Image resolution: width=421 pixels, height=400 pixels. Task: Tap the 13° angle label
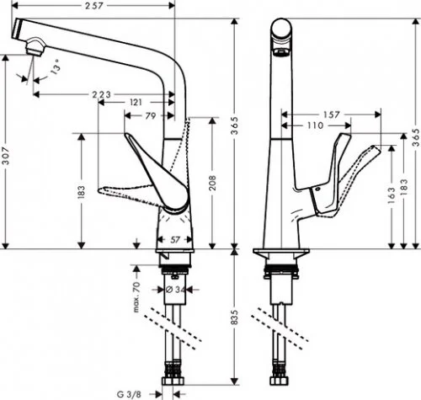coord(56,65)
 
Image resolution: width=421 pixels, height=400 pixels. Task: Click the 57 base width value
coord(173,240)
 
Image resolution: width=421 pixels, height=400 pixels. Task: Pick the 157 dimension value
coord(330,114)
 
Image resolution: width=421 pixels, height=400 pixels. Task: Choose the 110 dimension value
coord(315,125)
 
